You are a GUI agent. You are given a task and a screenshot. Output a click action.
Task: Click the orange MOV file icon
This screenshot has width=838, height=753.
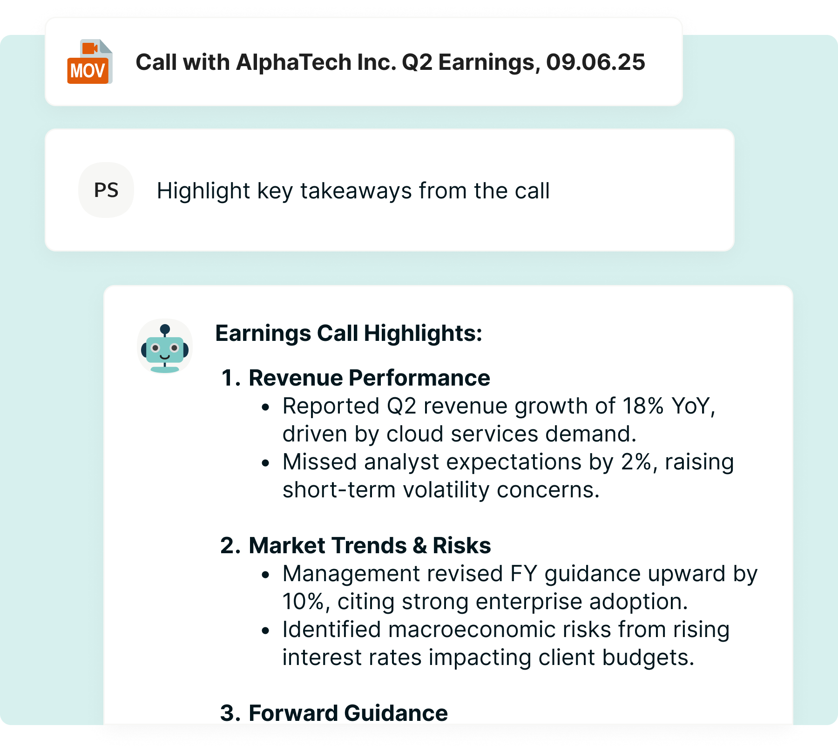tap(89, 62)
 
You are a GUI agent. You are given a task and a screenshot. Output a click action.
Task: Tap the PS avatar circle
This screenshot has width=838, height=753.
tap(106, 190)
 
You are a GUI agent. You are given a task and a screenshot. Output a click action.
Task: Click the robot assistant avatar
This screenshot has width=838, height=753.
tap(165, 347)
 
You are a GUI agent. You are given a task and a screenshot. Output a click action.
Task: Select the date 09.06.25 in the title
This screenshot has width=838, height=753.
tap(595, 62)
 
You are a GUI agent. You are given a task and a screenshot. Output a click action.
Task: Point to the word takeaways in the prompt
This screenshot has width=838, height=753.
tap(356, 191)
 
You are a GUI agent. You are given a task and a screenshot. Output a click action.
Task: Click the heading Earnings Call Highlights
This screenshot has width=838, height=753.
tap(348, 333)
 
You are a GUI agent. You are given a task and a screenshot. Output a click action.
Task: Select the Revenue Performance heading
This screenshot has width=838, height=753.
tap(369, 378)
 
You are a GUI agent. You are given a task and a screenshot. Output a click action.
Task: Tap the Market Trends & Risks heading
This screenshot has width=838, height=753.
tap(369, 545)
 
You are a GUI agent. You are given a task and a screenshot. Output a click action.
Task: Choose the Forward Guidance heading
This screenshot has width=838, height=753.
tap(348, 713)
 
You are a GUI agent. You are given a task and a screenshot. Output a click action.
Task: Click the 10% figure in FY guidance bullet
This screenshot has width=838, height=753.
tap(303, 602)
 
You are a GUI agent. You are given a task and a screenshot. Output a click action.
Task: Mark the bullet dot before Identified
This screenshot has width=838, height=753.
tap(265, 631)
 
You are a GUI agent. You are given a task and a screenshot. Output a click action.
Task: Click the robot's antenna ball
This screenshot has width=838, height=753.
tap(165, 329)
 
